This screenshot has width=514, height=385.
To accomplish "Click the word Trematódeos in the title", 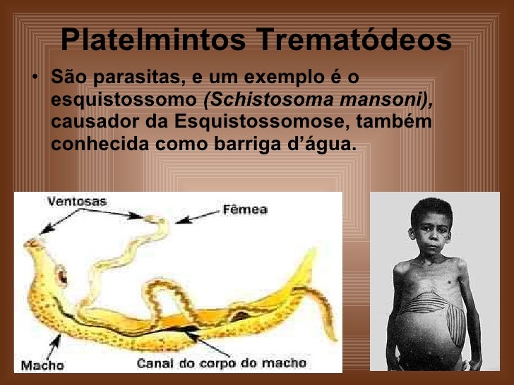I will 354,40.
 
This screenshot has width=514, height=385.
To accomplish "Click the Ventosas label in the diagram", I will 77,201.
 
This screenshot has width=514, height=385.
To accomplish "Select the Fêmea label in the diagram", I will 245,209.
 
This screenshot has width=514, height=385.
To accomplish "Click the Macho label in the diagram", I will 42,365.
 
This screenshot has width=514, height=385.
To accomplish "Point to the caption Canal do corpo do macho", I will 222,362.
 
